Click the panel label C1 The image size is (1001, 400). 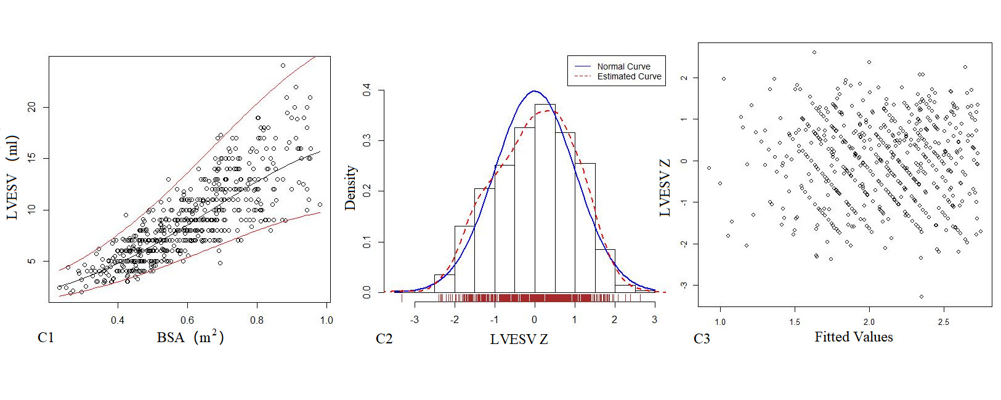[46, 337]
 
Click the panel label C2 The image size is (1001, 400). [384, 338]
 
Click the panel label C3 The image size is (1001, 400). [702, 338]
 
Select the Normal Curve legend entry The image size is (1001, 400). [623, 66]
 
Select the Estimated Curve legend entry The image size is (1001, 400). [629, 77]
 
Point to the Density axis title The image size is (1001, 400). [351, 188]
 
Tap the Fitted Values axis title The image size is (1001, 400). [853, 337]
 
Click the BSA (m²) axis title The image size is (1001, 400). [190, 337]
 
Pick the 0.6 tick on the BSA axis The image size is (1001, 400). [187, 320]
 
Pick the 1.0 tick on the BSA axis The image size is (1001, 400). [326, 320]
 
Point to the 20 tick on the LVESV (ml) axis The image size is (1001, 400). [32, 107]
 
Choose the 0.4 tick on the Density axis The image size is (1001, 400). [367, 90]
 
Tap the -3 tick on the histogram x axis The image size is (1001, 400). [415, 320]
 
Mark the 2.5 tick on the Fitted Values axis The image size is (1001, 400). [943, 322]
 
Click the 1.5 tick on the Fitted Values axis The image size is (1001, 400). [795, 322]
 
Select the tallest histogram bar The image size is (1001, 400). [545, 197]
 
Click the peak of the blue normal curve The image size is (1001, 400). [535, 91]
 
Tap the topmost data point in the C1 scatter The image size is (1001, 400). [283, 65]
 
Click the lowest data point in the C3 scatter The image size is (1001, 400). [922, 297]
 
